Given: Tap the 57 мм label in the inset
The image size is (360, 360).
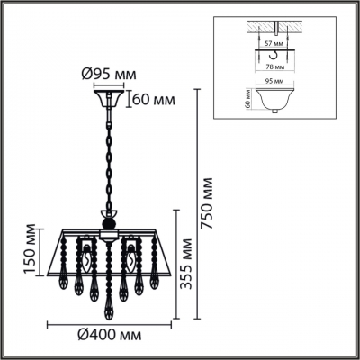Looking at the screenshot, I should point(278,42).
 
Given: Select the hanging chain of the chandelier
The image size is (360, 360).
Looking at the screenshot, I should point(109,162).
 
